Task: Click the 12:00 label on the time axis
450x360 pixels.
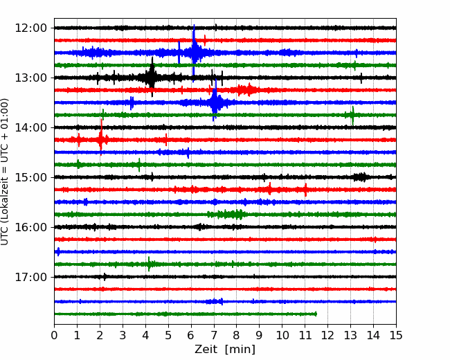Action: point(30,28)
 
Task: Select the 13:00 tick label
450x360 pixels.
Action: point(30,78)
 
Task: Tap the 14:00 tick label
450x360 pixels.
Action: point(30,127)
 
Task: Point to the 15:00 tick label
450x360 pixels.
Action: point(30,177)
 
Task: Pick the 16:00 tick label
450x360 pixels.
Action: point(30,227)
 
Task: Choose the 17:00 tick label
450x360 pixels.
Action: point(30,277)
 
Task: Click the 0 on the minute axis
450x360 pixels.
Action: point(54,335)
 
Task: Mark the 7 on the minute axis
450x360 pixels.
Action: point(214,335)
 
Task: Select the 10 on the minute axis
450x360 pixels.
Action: point(282,335)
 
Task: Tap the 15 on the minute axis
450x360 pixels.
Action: point(396,335)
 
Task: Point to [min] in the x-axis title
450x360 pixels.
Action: point(240,350)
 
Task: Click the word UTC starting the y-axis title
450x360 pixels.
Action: point(5,237)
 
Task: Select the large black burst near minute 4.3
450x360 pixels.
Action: point(152,77)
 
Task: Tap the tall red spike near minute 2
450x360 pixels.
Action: point(101,138)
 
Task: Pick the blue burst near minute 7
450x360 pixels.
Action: point(215,102)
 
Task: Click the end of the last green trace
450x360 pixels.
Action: point(316,314)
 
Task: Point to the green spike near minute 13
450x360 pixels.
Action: point(352,115)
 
